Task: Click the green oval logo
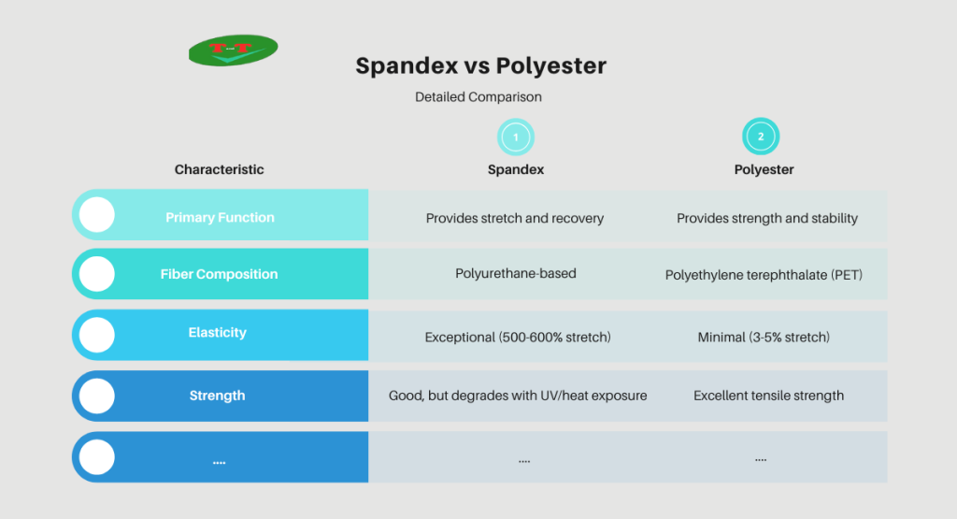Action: tap(233, 50)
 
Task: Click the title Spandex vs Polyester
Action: tap(480, 66)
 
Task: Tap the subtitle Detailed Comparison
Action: tap(478, 96)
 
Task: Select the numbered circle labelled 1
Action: tap(515, 137)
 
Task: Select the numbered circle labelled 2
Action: tap(761, 137)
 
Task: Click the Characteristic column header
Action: tap(219, 169)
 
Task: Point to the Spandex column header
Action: tap(515, 170)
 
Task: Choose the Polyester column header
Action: tap(764, 170)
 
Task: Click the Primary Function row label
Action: tap(220, 217)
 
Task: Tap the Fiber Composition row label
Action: tap(219, 274)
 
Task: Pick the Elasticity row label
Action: tap(217, 332)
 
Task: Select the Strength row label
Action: tap(217, 396)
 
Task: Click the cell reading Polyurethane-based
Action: tap(515, 274)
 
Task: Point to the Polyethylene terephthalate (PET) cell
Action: tap(764, 275)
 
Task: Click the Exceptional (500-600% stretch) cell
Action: tap(518, 337)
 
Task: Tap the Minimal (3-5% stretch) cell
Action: tap(764, 337)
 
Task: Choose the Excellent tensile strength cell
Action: tap(768, 396)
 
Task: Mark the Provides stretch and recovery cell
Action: tap(515, 218)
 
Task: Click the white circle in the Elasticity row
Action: tap(96, 334)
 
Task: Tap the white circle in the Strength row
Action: tap(96, 396)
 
